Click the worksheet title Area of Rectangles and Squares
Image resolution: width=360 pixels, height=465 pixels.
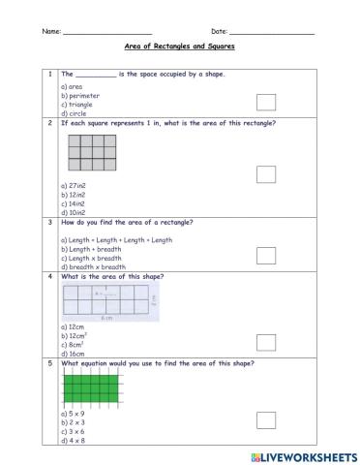coord(180,46)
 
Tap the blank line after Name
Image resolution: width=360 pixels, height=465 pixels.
coord(106,33)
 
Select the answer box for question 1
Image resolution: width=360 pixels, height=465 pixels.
coord(266,103)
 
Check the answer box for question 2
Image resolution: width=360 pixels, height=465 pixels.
coord(266,174)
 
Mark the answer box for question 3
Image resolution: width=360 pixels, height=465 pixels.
coord(266,255)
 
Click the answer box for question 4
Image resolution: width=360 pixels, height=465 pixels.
coord(266,342)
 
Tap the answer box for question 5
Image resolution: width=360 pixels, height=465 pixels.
coord(266,418)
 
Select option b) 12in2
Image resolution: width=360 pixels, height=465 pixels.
coord(74,196)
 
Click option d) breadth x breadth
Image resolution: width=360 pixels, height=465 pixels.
coord(91,266)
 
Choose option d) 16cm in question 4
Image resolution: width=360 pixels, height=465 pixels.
coord(73,354)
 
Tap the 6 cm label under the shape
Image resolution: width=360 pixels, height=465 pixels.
coord(105,317)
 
